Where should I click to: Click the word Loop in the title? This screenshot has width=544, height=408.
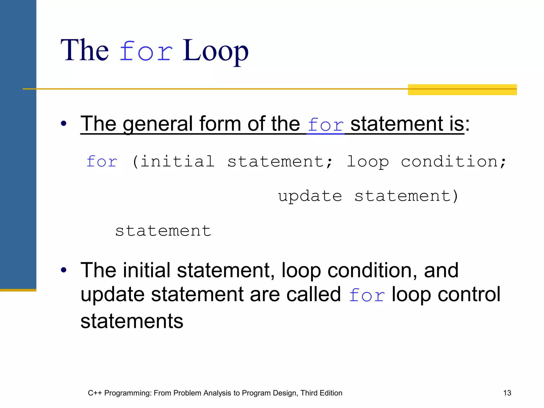215,50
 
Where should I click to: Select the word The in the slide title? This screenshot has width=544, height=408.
85,50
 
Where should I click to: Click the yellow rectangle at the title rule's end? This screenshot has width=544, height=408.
462,90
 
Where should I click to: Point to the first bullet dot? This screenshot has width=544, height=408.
63,123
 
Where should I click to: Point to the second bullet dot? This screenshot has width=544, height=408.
63,270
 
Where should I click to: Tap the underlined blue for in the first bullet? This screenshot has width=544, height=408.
326,125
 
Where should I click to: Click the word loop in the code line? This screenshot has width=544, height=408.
368,162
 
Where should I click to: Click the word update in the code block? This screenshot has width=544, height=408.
310,197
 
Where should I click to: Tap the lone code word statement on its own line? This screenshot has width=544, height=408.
163,231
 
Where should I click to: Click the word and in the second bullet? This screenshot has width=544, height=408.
441,270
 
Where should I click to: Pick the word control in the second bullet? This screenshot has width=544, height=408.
469,294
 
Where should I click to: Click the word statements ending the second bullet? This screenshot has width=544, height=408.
132,321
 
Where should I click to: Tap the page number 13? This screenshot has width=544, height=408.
507,393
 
